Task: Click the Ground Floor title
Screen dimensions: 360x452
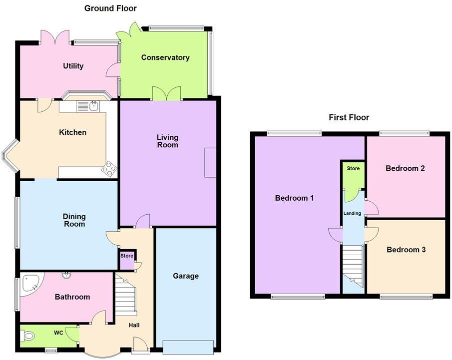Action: point(110,8)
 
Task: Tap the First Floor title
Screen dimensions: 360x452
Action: point(349,117)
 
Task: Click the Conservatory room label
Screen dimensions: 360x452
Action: point(165,57)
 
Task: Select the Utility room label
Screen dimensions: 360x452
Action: point(73,66)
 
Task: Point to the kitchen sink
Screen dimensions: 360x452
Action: point(93,105)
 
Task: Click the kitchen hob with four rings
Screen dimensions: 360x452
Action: point(109,169)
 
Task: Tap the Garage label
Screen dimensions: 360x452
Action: point(186,276)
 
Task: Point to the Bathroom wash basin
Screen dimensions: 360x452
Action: point(66,274)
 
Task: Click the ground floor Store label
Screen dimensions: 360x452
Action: point(126,256)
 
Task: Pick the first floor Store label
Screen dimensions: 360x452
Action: point(353,168)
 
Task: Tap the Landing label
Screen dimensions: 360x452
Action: point(352,213)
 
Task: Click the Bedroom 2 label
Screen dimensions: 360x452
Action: point(405,168)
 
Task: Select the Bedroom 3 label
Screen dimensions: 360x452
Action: point(406,250)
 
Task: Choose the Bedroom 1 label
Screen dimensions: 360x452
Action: point(294,198)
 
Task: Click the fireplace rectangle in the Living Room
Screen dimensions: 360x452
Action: point(210,162)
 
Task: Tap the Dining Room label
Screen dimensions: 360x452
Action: point(74,220)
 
